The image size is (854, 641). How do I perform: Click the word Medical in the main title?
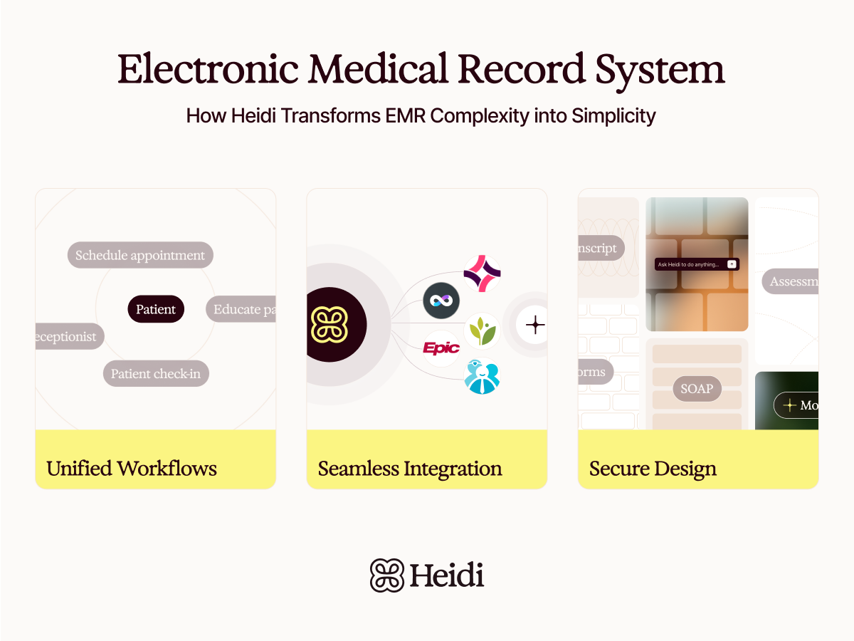378,70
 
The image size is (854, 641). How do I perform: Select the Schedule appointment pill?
140,256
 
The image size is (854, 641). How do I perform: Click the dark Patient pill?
156,309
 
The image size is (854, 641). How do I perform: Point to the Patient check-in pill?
156,374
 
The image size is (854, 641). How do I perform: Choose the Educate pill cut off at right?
241,309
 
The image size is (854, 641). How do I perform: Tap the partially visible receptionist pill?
69,337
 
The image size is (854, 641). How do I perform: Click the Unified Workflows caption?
132,469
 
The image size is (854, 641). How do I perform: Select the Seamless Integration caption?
410,469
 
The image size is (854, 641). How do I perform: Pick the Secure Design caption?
653,469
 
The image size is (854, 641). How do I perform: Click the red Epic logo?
441,348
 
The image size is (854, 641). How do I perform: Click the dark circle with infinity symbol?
441,301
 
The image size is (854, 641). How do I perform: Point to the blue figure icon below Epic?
482,377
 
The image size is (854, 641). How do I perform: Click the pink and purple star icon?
482,274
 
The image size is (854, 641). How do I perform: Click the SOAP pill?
697,389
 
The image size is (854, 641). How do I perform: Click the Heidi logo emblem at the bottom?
387,575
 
